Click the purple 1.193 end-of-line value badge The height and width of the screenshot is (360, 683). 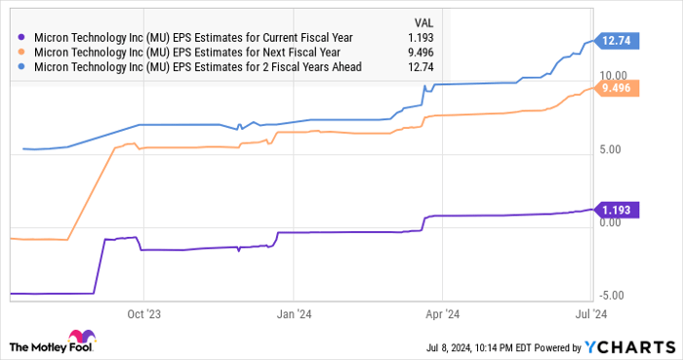tap(620, 210)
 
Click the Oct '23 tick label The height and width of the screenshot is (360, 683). tap(143, 314)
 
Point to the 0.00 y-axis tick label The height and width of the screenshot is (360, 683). tap(614, 221)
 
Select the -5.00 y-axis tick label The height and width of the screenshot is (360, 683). tap(614, 295)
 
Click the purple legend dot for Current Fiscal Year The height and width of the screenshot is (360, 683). tap(20, 37)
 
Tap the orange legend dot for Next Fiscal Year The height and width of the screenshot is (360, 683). tap(20, 52)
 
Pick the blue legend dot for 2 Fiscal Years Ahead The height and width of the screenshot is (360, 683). tap(20, 66)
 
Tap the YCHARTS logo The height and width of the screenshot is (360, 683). tap(624, 346)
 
